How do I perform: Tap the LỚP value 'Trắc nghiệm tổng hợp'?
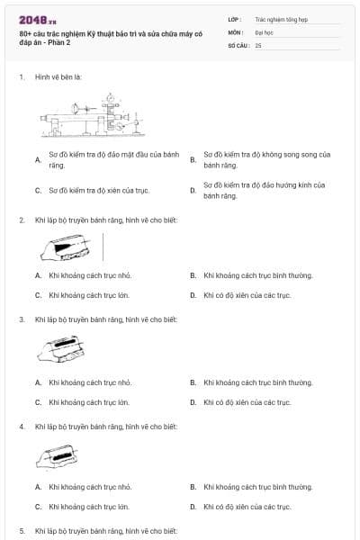[281, 18]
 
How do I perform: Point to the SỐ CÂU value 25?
[258, 45]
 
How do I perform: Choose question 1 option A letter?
[38, 160]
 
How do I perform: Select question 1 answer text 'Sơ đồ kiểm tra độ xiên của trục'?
[99, 191]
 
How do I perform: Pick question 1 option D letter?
[193, 191]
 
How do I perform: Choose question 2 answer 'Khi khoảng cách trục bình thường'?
[258, 275]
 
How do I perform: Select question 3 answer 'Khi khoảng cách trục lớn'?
[89, 402]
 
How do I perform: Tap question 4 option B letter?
[193, 488]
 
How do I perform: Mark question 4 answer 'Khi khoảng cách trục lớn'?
[89, 507]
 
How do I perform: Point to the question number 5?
[22, 531]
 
